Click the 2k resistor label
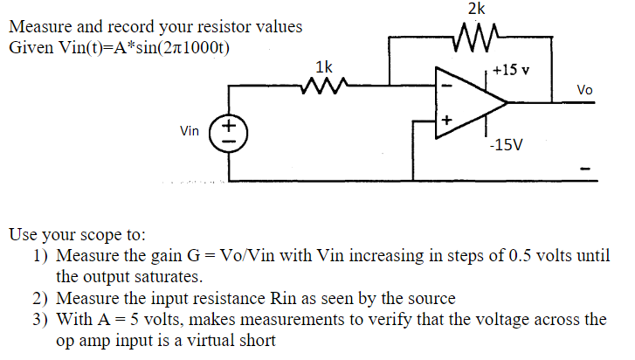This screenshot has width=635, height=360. (477, 10)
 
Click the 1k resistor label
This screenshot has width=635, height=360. (324, 67)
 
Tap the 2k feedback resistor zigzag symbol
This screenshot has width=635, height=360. (477, 37)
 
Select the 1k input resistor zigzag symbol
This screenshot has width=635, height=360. (324, 87)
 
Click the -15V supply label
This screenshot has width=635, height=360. (507, 145)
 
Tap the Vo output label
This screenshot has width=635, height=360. (584, 90)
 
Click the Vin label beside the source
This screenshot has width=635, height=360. (190, 131)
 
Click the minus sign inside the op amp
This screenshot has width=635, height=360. (447, 87)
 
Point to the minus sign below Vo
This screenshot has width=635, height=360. (586, 168)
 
